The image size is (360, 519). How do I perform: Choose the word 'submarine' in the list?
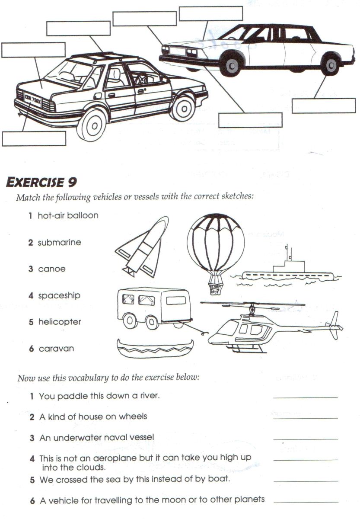59,243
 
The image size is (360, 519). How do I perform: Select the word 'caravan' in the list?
56,349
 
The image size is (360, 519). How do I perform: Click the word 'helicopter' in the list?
60,322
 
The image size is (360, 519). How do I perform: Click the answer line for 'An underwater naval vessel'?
305,439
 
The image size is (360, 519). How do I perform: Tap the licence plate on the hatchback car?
33,103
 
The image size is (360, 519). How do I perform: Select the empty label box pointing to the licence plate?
34,138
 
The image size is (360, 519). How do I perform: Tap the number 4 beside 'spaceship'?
31,296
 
